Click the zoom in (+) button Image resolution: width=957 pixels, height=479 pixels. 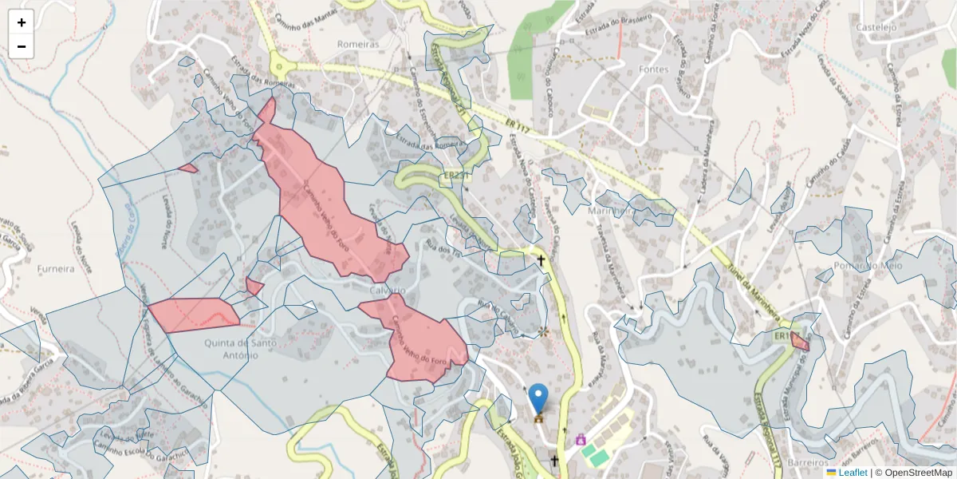22,22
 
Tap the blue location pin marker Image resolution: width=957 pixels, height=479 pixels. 539,398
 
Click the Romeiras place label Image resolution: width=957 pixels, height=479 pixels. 358,44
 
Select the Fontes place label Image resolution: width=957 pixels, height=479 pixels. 654,69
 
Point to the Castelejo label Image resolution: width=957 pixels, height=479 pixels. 876,26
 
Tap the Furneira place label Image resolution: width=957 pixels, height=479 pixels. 56,269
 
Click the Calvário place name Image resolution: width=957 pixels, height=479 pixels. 388,289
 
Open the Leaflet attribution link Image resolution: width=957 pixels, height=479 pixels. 853,473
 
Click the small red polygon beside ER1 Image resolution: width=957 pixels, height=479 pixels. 800,343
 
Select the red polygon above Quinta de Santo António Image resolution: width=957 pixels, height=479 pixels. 193,314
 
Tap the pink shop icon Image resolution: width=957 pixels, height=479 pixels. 581,439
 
